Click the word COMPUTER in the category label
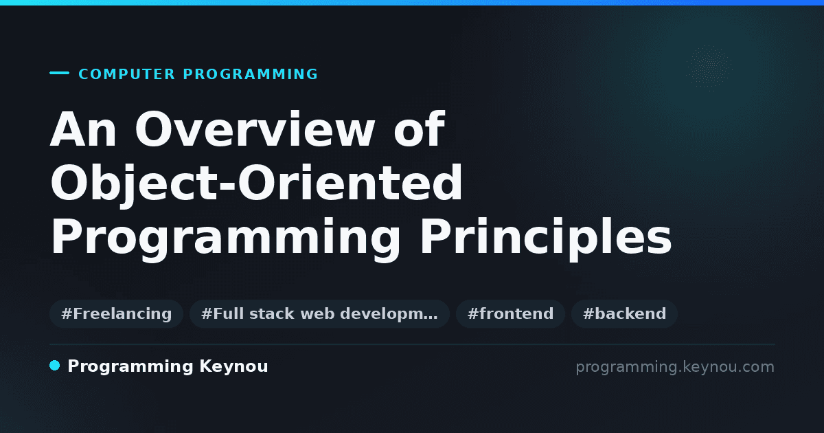point(126,74)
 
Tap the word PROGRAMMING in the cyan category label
point(250,74)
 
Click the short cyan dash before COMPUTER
point(59,73)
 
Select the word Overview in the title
point(255,129)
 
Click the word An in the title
point(83,129)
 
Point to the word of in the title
point(420,129)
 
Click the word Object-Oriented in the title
point(256,183)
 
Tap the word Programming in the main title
point(225,238)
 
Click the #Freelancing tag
point(116,313)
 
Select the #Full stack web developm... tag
point(319,313)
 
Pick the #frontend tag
point(510,313)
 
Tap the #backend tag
point(624,313)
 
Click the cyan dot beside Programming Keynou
point(54,366)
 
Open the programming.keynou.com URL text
point(675,367)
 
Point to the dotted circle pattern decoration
point(709,68)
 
